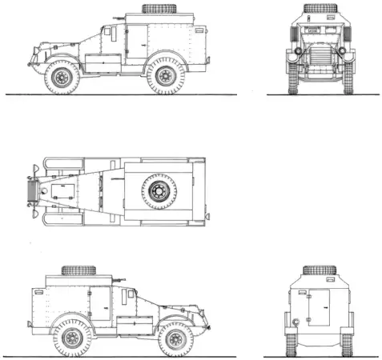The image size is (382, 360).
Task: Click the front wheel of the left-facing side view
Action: (x=61, y=77)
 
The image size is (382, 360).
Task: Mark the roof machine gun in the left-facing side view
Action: (x=118, y=16)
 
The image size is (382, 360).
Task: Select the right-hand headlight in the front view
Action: (x=343, y=51)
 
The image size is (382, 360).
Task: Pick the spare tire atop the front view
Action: (x=320, y=8)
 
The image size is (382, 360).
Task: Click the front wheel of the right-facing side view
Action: (x=175, y=338)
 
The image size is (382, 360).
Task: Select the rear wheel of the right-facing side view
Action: (x=71, y=338)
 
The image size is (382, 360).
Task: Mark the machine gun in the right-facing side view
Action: (x=119, y=280)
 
